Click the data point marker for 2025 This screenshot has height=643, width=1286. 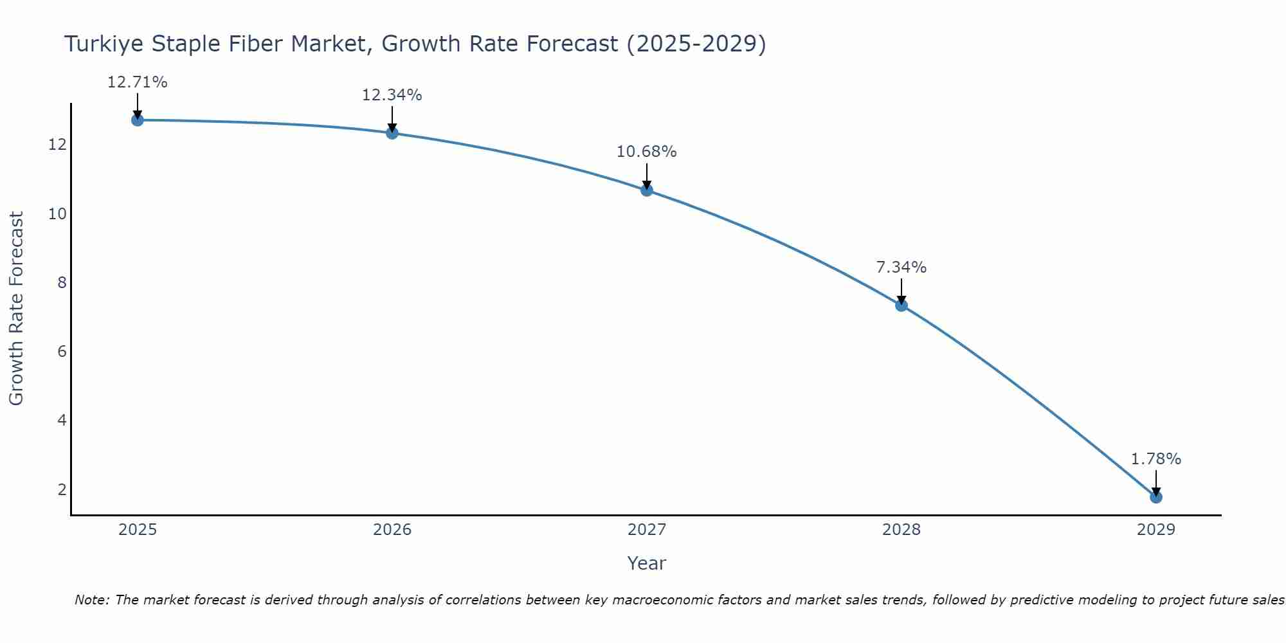pos(137,120)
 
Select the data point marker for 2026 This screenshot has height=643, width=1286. pos(392,132)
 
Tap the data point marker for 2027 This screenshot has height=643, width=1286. pos(646,190)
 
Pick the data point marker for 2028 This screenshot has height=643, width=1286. pos(901,305)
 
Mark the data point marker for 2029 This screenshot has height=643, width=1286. pos(1155,496)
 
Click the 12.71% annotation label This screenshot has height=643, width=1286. pos(137,82)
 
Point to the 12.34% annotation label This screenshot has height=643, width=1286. pos(392,95)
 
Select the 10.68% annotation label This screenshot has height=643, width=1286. pos(646,152)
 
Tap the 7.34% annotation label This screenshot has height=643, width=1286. pos(901,267)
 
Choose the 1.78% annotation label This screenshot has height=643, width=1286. pos(1155,459)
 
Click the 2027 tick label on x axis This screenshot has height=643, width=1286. pos(646,530)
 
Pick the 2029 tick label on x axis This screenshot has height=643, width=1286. pos(1155,530)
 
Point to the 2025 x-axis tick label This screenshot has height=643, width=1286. pos(138,530)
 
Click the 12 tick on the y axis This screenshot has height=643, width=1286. pos(57,145)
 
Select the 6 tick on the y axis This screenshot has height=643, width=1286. pos(62,352)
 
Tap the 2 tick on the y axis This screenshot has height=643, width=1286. pos(62,490)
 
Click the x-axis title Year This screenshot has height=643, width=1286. pos(646,563)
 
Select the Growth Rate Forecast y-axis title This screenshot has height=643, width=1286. pos(17,308)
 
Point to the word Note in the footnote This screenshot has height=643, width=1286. pos(92,601)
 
